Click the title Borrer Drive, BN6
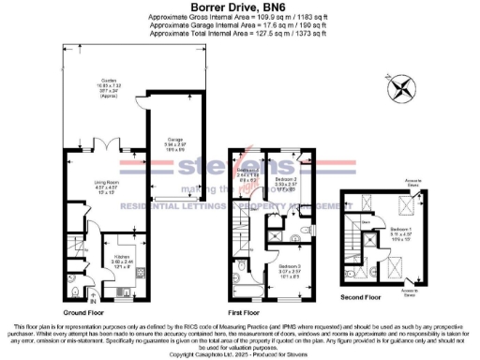click(x=240, y=7)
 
